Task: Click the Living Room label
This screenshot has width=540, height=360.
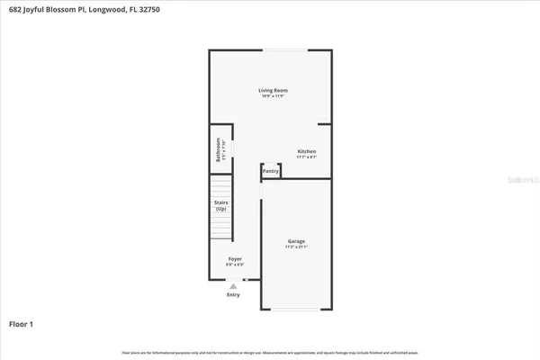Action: click(273, 90)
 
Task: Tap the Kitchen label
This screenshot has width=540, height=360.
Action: click(307, 150)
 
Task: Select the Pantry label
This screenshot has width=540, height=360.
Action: click(270, 170)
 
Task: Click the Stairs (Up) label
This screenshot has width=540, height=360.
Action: click(220, 205)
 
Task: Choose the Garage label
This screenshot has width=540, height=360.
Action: click(296, 241)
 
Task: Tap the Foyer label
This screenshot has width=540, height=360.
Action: click(233, 259)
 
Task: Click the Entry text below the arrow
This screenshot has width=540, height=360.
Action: click(233, 294)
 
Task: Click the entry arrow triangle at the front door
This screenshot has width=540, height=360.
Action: click(233, 285)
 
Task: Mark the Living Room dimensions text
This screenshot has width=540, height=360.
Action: click(273, 96)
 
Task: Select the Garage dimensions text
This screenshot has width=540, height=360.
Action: click(296, 247)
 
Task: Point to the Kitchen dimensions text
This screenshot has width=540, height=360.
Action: click(307, 157)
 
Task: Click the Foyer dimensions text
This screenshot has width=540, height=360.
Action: click(233, 265)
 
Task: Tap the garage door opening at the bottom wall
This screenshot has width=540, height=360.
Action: click(296, 310)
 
